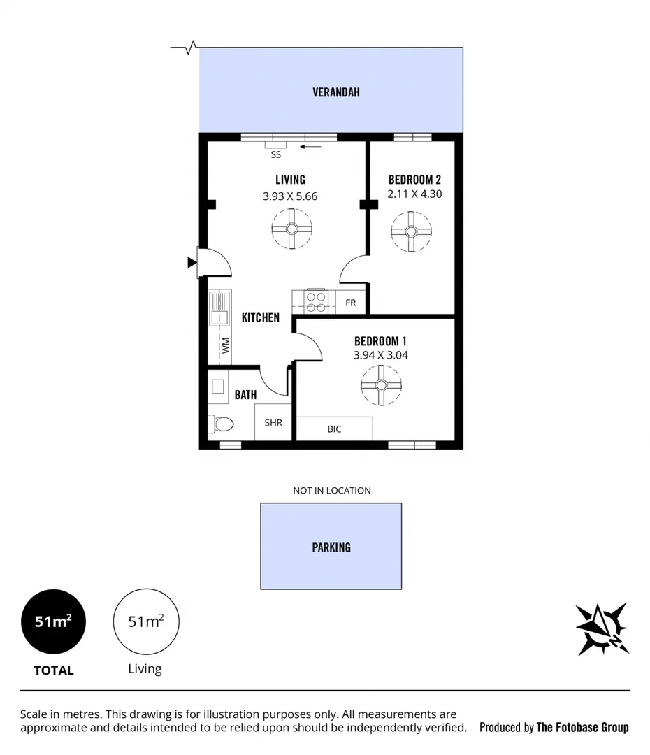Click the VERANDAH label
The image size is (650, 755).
point(336,92)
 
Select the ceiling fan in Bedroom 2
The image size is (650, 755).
point(411,232)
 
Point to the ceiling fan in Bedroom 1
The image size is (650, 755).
point(381,385)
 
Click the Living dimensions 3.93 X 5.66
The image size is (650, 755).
point(290,196)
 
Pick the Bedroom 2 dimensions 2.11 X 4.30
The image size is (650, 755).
point(415,194)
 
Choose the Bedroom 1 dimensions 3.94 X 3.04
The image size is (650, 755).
point(381,355)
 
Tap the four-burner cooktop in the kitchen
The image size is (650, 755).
point(315,301)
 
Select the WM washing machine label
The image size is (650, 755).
point(226,345)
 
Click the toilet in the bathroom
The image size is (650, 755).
point(222,424)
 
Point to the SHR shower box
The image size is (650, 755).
point(273,422)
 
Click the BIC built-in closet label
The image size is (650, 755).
point(334,429)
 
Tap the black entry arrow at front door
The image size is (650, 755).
point(192,263)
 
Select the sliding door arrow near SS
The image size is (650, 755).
point(311,147)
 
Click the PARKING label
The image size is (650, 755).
point(331,547)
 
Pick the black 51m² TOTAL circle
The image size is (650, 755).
point(54,621)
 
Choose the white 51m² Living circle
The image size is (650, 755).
point(146,621)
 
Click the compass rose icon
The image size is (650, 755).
point(602,628)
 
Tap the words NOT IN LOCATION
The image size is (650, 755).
point(332,491)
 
